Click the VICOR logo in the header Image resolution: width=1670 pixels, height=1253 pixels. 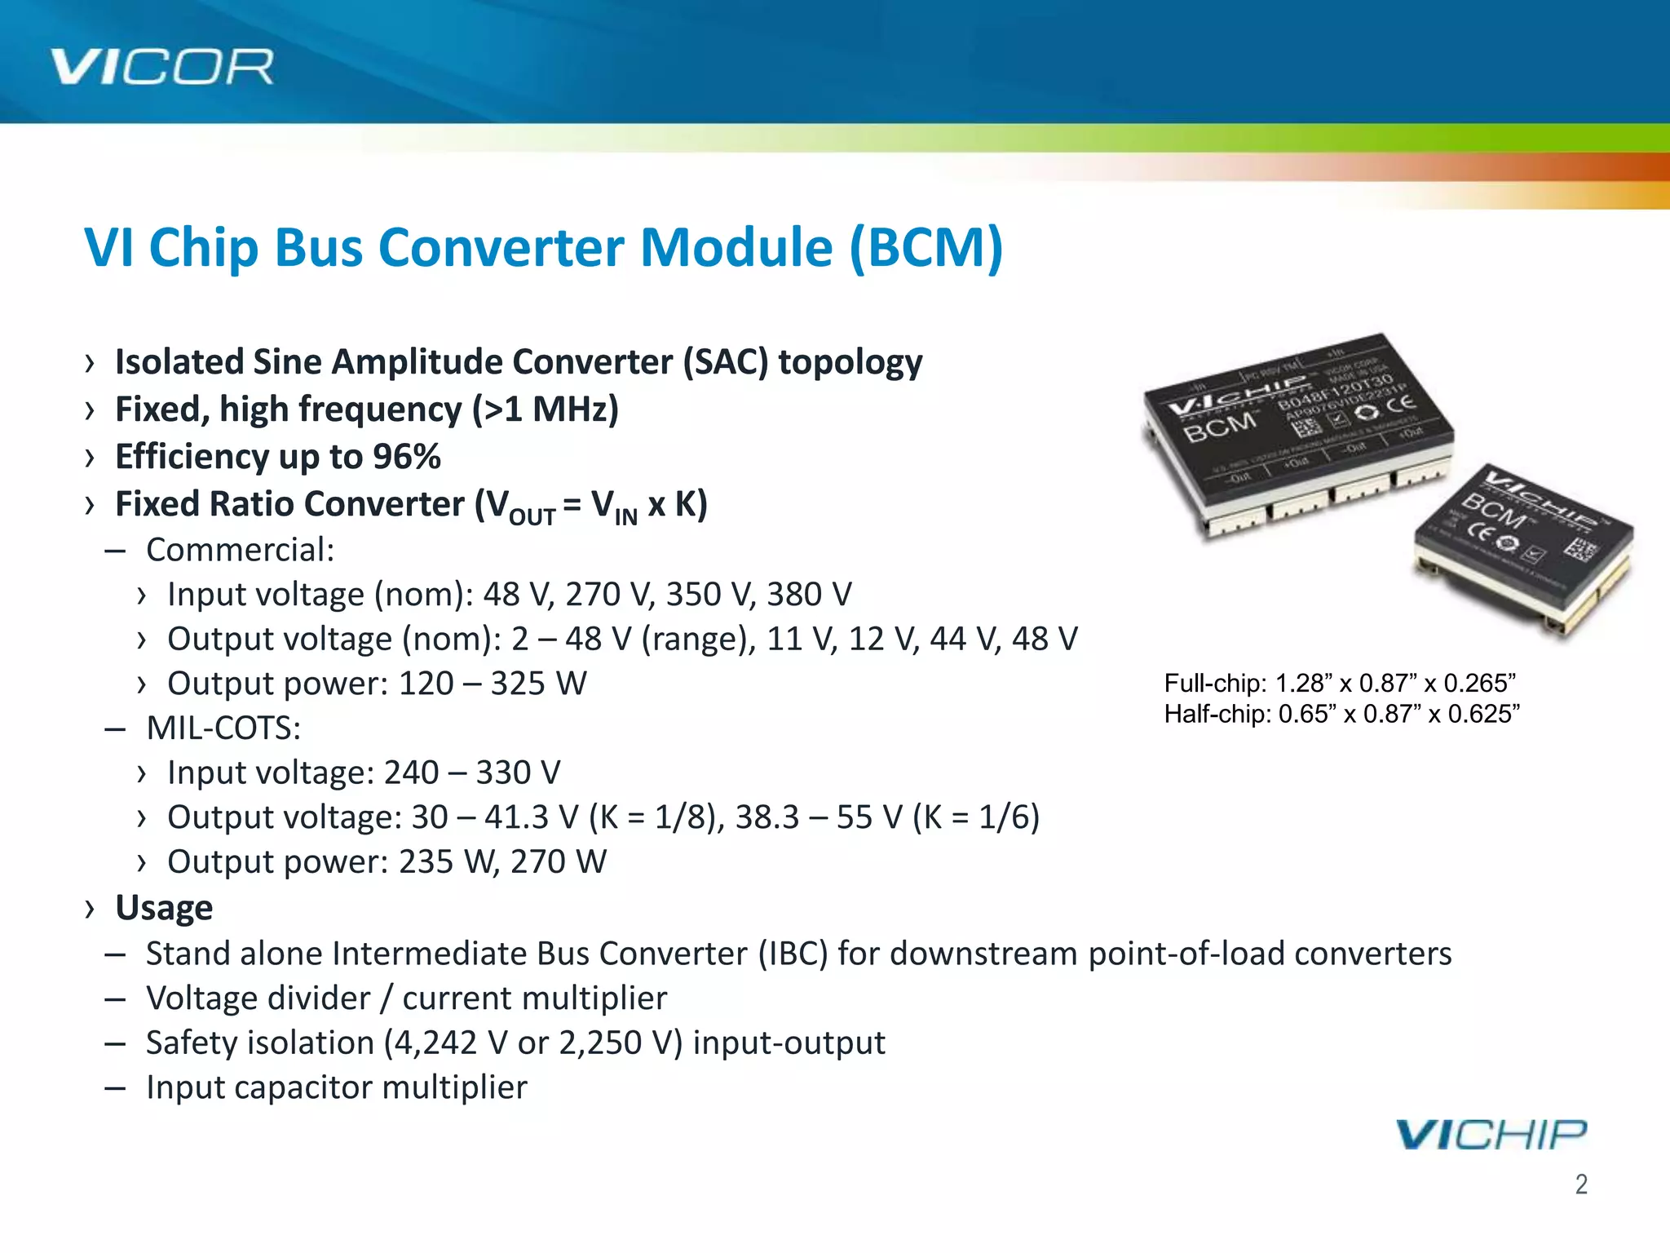tap(161, 67)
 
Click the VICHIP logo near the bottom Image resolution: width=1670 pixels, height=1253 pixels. tap(1491, 1135)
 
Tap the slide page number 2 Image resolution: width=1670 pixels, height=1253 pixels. tap(1581, 1184)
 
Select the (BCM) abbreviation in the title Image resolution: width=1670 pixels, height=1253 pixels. tap(926, 247)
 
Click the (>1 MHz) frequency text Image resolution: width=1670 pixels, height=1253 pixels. tap(546, 410)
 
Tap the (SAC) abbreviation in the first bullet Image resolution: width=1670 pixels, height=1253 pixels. tap(725, 362)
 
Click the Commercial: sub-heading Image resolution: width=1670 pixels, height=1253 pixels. tap(240, 550)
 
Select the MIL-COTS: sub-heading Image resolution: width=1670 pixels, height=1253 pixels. tap(223, 728)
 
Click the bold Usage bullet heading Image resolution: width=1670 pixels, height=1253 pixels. tap(164, 908)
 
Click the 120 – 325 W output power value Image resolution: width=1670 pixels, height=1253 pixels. tap(493, 684)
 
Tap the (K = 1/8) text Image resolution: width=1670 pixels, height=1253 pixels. tap(656, 817)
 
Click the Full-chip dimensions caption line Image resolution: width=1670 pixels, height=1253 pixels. tap(1340, 683)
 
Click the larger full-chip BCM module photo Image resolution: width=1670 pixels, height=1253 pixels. tap(1297, 432)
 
